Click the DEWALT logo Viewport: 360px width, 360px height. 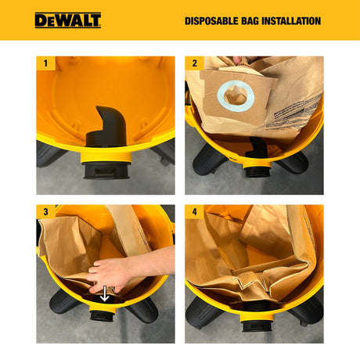click(x=67, y=20)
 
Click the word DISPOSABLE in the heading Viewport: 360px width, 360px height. click(x=215, y=20)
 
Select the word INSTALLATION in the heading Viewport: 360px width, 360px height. click(x=297, y=20)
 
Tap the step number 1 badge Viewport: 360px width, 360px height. click(x=45, y=63)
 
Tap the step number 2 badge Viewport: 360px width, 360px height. click(x=194, y=63)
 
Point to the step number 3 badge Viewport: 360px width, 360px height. click(x=45, y=212)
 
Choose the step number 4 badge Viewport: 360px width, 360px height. click(x=194, y=212)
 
